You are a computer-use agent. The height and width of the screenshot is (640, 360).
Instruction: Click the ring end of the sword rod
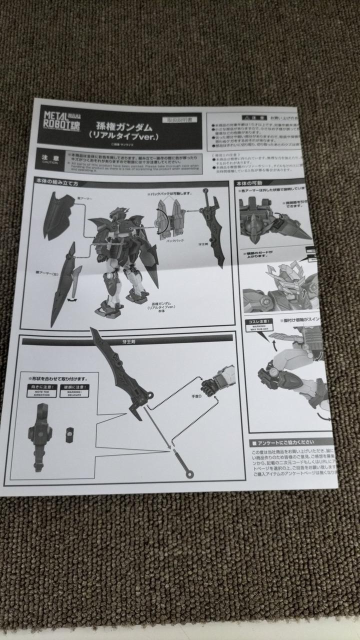(189, 472)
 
